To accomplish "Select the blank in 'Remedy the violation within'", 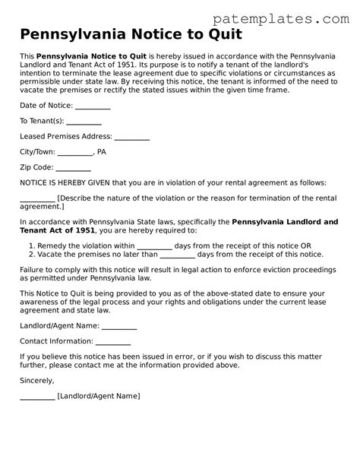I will click(154, 246).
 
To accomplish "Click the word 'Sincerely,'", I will click(37, 380).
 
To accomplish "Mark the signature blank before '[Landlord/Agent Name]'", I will click(37, 396).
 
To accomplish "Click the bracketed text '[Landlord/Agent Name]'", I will click(99, 396).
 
